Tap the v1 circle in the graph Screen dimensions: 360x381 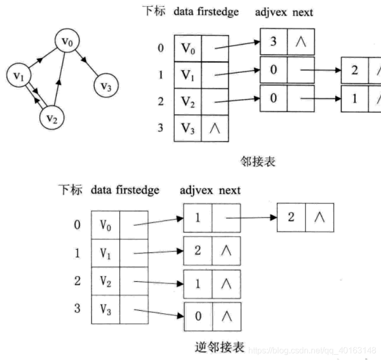(18, 76)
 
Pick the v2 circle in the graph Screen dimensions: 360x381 (52, 117)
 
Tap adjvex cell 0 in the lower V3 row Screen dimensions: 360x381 (197, 316)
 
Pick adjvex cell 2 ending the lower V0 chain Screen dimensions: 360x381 (291, 217)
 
